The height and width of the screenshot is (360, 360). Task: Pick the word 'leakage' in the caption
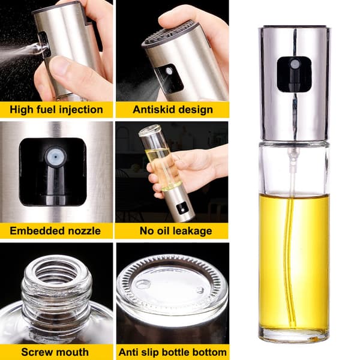click(193, 231)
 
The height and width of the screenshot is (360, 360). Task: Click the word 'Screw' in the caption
click(35, 352)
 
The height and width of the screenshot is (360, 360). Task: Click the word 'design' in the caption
click(196, 110)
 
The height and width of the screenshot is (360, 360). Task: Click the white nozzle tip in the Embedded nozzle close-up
click(55, 157)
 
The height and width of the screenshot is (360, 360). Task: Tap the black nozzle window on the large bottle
click(294, 74)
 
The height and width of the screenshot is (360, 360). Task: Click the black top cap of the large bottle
click(295, 26)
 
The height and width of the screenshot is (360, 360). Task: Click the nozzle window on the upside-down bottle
click(181, 208)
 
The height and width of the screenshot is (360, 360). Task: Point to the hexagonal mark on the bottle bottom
click(143, 284)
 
